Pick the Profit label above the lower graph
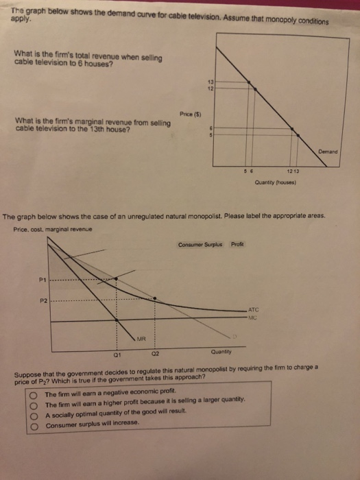(238, 244)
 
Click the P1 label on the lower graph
(43, 278)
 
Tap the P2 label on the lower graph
(43, 300)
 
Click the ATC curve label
(252, 310)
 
